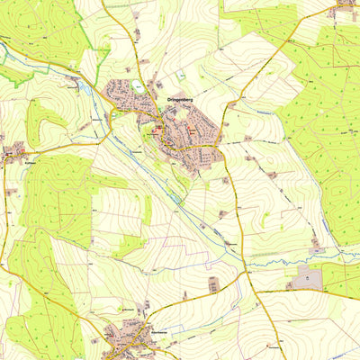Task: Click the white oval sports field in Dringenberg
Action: [x=137, y=85]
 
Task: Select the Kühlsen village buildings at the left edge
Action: [x=13, y=153]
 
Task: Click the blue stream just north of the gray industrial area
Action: [x=297, y=260]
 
